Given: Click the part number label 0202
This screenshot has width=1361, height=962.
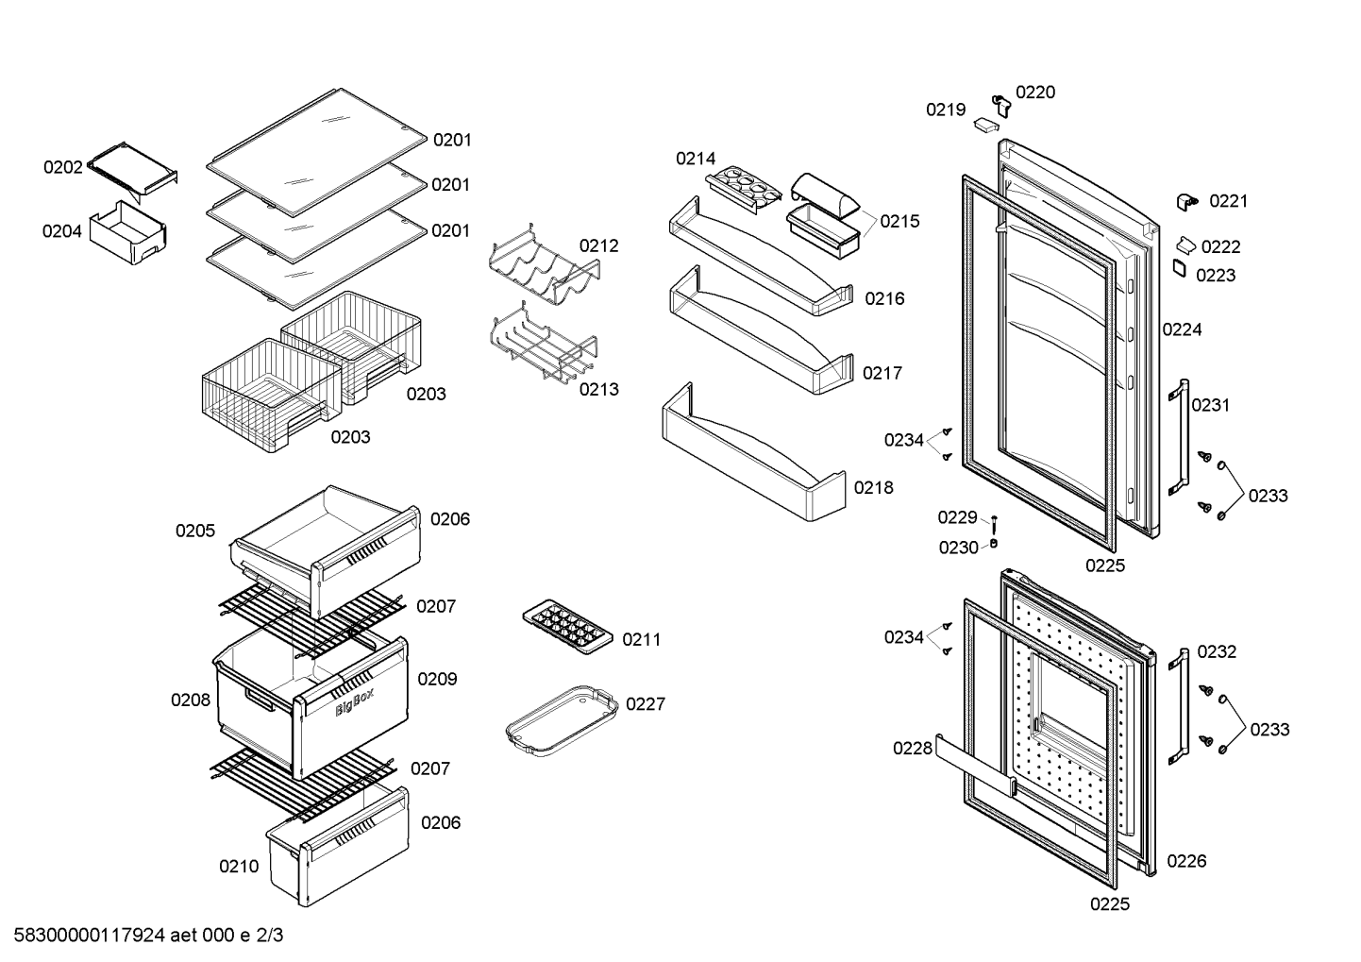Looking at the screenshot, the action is click(x=62, y=167).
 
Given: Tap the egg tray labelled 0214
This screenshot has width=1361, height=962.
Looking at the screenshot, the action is click(x=744, y=189).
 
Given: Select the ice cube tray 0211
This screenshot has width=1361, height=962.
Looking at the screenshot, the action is click(x=567, y=627).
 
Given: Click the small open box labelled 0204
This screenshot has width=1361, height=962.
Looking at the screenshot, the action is click(x=128, y=233).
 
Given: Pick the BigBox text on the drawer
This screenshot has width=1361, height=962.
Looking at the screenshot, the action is click(x=354, y=701).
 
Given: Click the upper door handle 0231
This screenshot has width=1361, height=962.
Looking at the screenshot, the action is click(x=1179, y=437).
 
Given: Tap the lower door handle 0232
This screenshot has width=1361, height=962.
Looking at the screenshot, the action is click(x=1179, y=706).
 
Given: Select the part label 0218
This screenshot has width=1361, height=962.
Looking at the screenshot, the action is click(x=873, y=487).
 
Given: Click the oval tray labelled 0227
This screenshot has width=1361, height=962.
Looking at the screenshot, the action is click(x=563, y=720).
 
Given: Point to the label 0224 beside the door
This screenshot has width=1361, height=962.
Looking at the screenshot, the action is click(x=1182, y=329).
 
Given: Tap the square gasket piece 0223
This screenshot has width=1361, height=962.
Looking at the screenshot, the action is click(x=1180, y=268).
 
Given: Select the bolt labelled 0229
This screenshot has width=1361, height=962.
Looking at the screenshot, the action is click(x=994, y=525).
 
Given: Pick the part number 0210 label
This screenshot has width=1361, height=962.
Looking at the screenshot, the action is click(x=239, y=866).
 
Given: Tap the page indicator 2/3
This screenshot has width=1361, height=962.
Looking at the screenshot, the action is click(x=270, y=936).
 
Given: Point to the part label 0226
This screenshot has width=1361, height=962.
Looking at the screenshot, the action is click(x=1186, y=860).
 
